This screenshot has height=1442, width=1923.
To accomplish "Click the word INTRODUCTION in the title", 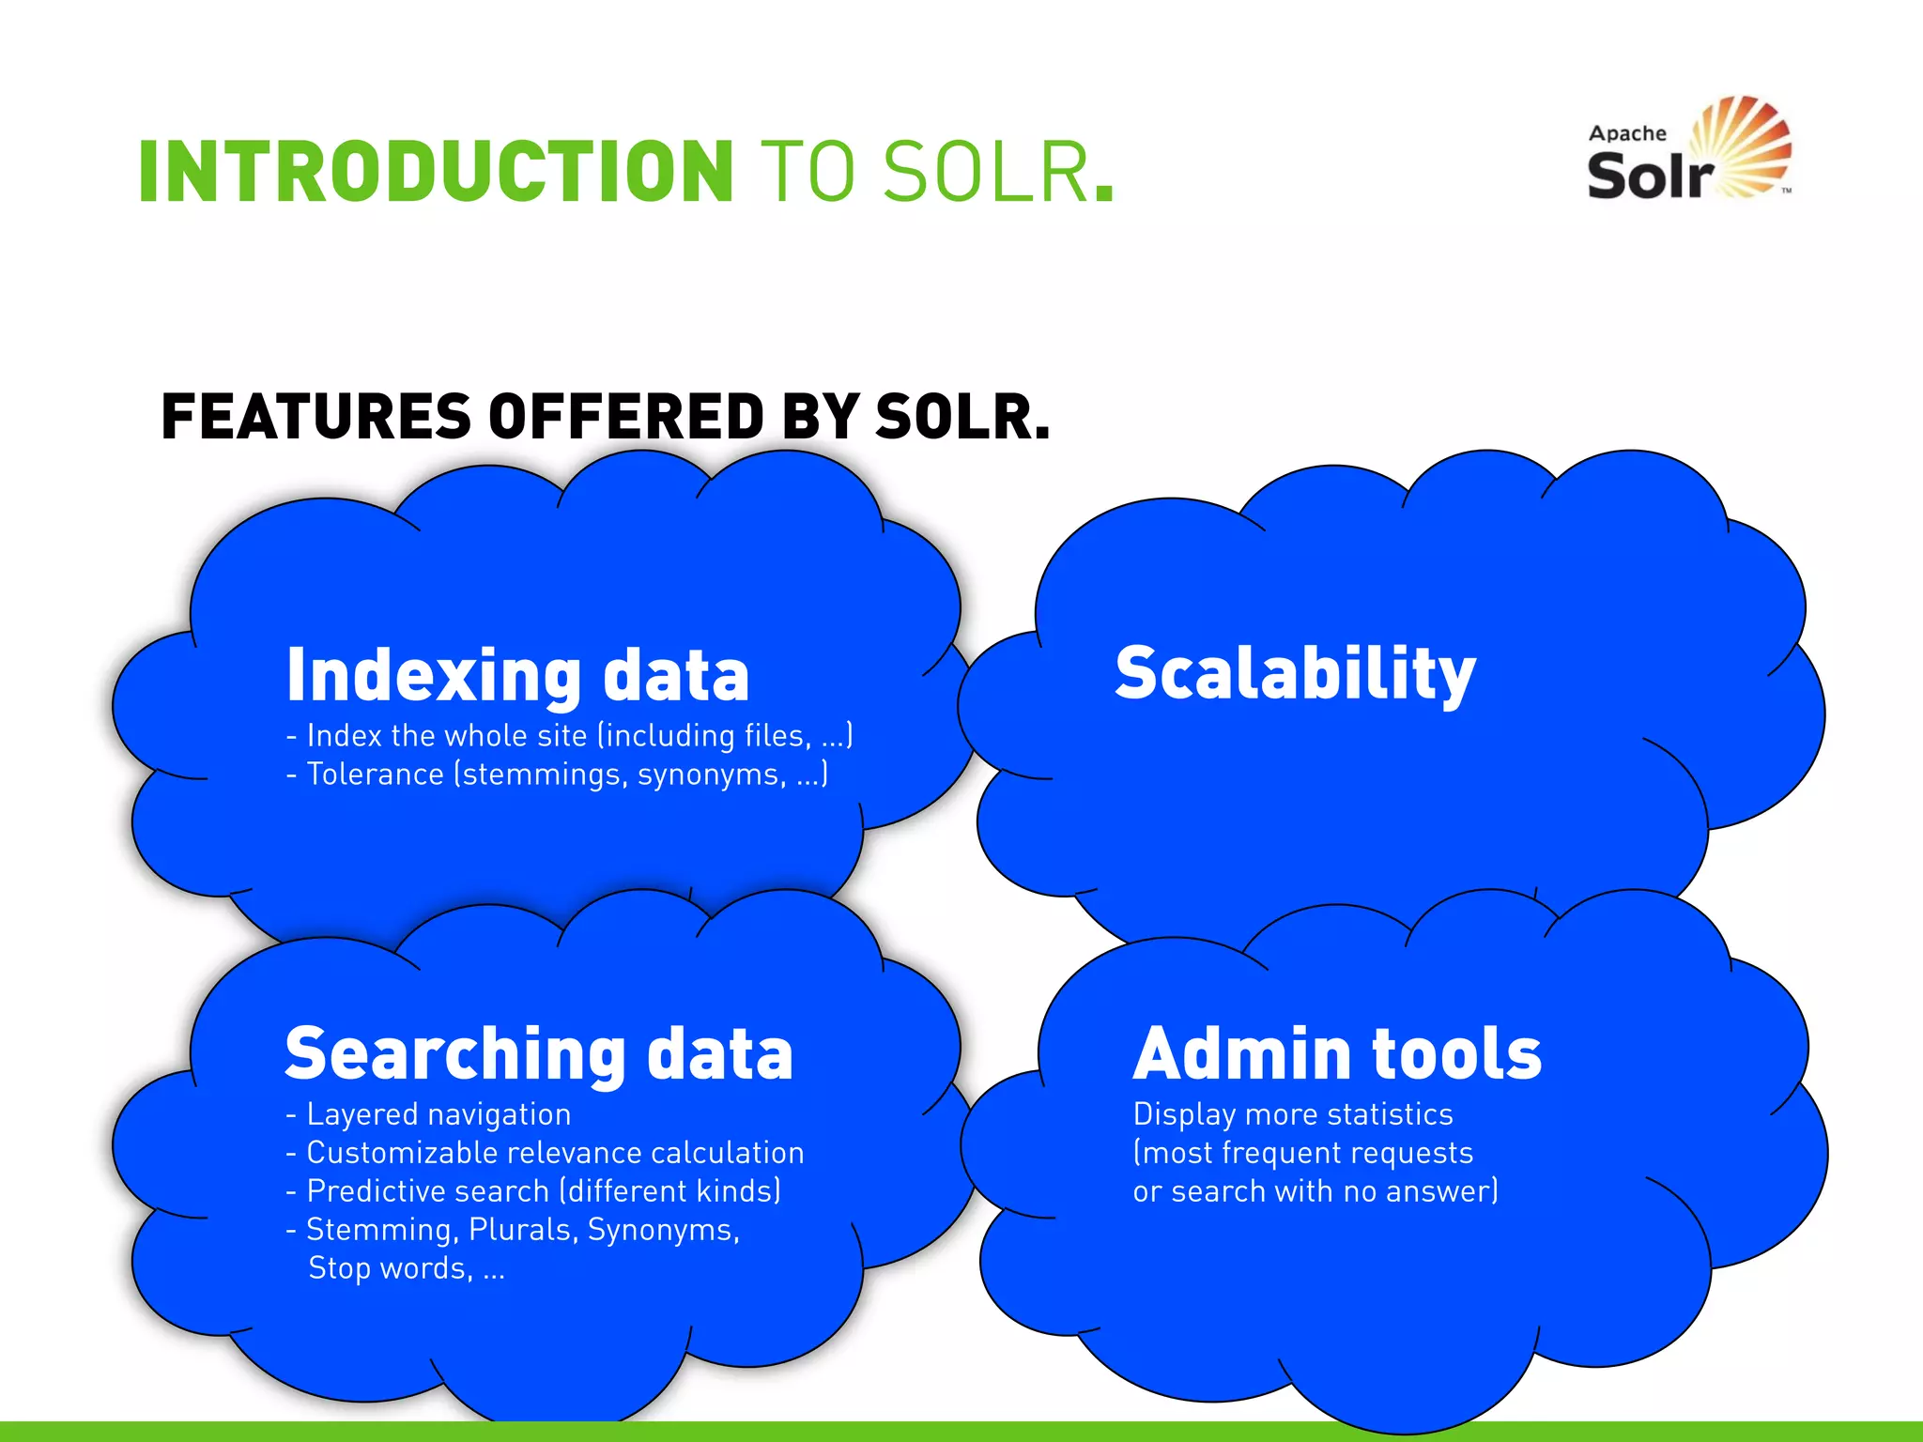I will pyautogui.click(x=435, y=171).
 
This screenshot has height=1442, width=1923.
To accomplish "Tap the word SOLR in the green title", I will pyautogui.click(x=986, y=171).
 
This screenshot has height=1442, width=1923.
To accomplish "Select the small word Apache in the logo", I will pyautogui.click(x=1627, y=133).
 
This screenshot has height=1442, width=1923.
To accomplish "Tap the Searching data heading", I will pyautogui.click(x=539, y=1053).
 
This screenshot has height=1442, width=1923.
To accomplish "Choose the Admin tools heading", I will pyautogui.click(x=1337, y=1053).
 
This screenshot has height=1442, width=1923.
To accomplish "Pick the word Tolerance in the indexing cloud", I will pyautogui.click(x=376, y=775).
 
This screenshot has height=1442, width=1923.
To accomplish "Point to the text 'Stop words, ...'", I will pyautogui.click(x=407, y=1268).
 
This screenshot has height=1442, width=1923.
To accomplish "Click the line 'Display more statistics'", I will pyautogui.click(x=1293, y=1114).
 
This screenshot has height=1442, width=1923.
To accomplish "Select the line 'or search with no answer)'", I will pyautogui.click(x=1315, y=1191).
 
